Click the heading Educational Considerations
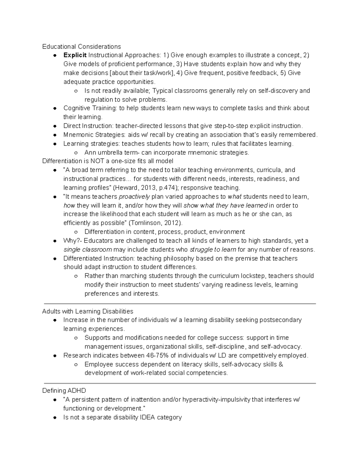(x=82, y=47)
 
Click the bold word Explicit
(x=75, y=55)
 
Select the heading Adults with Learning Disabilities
(x=88, y=311)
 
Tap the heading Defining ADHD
(x=64, y=391)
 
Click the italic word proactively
(x=134, y=197)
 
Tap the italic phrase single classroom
(x=88, y=250)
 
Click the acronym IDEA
(x=148, y=417)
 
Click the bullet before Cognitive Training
(x=55, y=108)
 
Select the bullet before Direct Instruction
(x=55, y=126)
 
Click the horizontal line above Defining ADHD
(x=180, y=383)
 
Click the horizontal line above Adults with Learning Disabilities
(x=180, y=304)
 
